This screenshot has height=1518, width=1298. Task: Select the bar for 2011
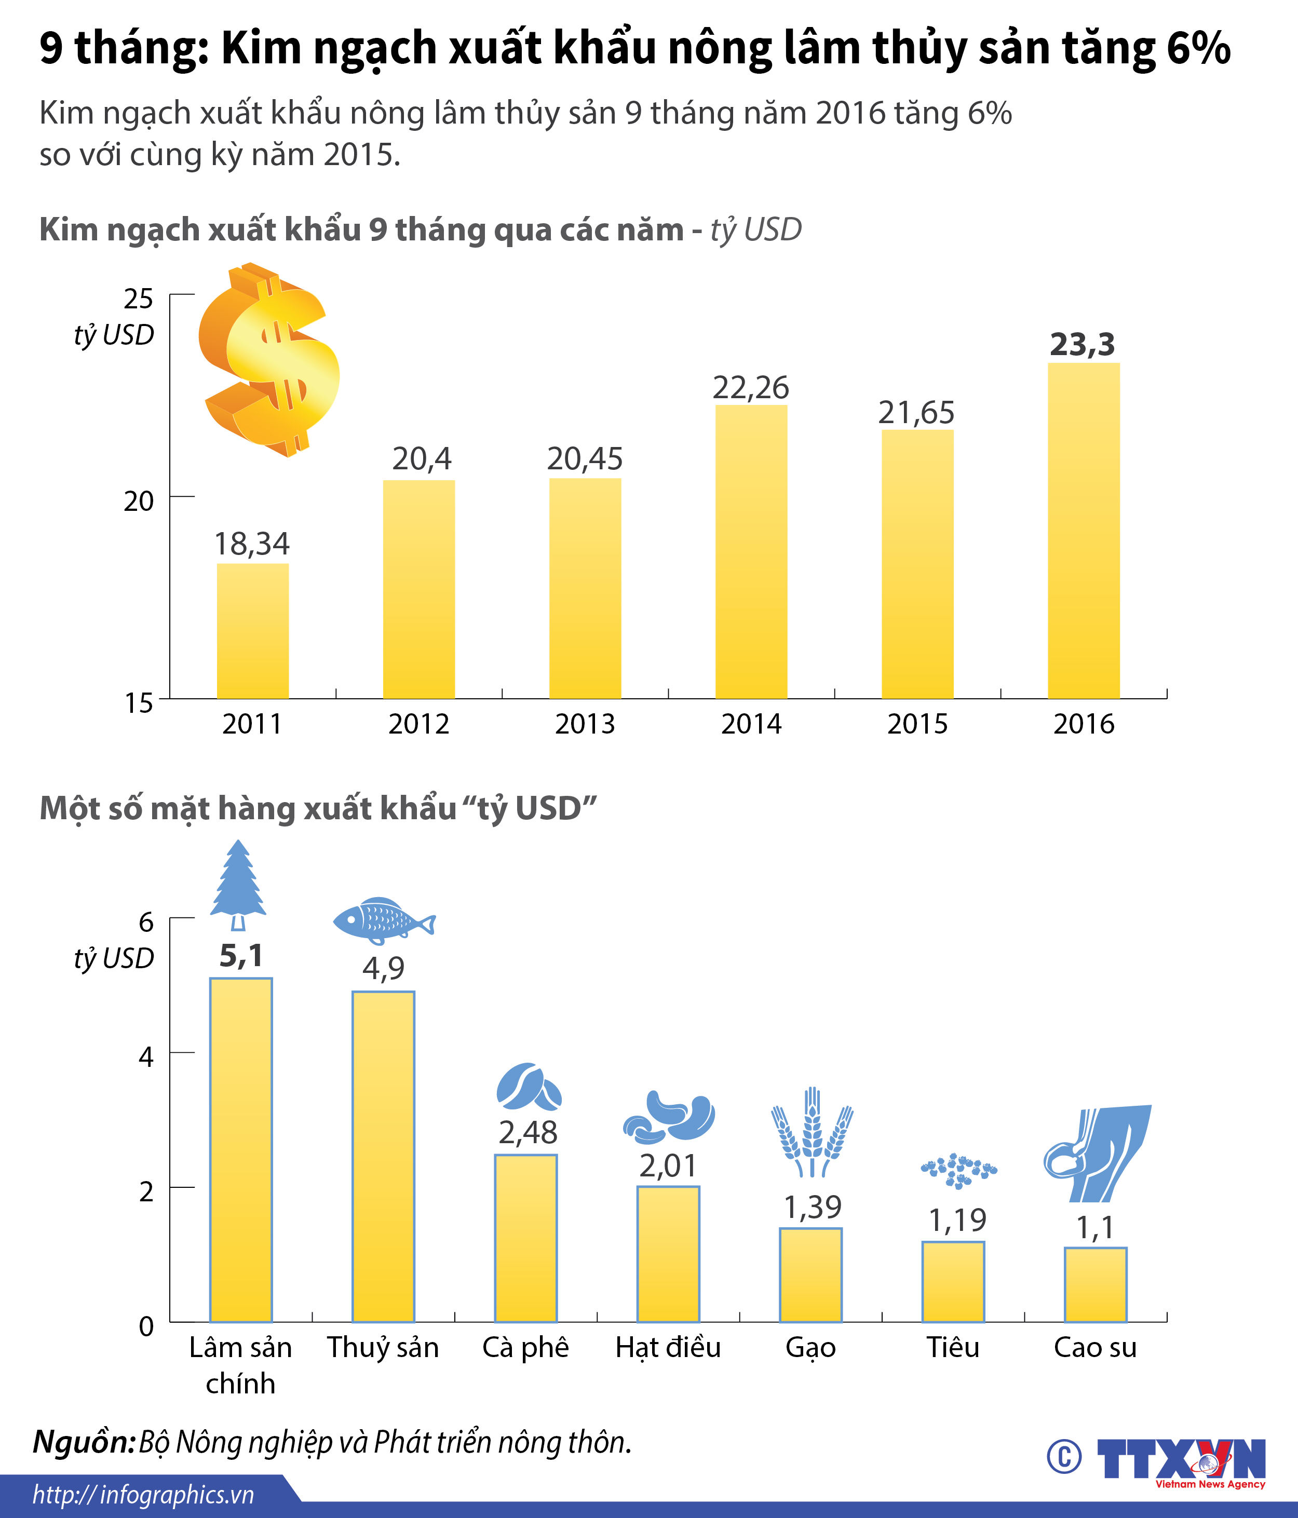[x=253, y=631]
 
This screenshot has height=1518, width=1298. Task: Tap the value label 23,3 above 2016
[x=1082, y=344]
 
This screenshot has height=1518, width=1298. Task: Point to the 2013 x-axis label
[x=585, y=724]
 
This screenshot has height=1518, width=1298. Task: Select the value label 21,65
[x=916, y=413]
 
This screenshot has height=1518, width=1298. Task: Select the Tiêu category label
[x=953, y=1347]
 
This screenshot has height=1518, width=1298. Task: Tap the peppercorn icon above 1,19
[x=958, y=1170]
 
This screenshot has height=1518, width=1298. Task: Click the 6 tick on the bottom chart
[x=146, y=921]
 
